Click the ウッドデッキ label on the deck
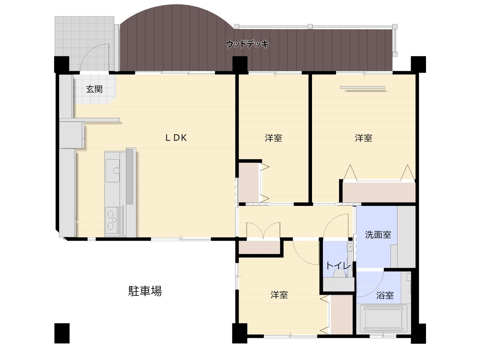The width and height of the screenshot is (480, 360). click(x=247, y=44)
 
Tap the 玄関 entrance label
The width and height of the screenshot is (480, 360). click(x=94, y=89)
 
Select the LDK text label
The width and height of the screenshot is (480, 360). click(x=176, y=138)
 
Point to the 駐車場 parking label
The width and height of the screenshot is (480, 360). click(x=145, y=291)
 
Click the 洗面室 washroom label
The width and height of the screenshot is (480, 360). click(x=378, y=234)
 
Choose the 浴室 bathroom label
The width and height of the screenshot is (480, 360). click(x=385, y=295)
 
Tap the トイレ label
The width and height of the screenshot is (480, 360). click(x=338, y=266)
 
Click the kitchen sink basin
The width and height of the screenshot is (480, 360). click(x=112, y=171)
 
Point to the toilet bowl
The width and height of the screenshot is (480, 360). click(x=339, y=273)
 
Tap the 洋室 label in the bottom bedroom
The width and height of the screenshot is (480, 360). click(x=279, y=295)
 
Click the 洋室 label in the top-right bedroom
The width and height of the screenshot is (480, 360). click(x=363, y=138)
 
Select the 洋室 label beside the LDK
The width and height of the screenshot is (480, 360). click(x=273, y=138)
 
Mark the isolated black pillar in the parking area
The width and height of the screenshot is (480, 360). click(x=62, y=333)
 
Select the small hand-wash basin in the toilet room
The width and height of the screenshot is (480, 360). click(x=349, y=247)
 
